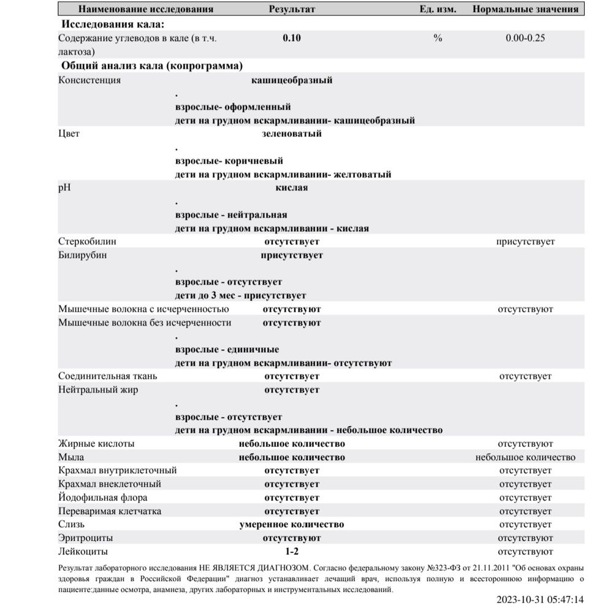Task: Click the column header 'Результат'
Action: click(292, 10)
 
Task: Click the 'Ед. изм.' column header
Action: click(438, 10)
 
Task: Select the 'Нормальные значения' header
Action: click(525, 10)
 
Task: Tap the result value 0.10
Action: click(292, 38)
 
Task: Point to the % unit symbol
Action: click(438, 38)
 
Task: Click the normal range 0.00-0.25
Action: click(525, 38)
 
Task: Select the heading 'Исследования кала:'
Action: click(113, 25)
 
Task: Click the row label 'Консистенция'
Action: click(89, 80)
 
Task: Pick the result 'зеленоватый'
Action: click(292, 133)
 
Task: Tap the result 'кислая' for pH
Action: click(292, 188)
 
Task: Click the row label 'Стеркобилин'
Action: click(87, 242)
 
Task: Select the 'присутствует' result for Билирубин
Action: click(292, 255)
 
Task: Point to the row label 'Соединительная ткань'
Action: click(107, 376)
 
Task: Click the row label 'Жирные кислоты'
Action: click(96, 444)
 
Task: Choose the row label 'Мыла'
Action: click(71, 457)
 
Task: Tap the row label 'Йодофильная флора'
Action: click(102, 498)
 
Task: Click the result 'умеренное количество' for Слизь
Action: click(291, 525)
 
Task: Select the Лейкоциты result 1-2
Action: click(292, 552)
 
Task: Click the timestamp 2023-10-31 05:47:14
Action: click(540, 600)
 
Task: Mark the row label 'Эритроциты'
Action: click(85, 538)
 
